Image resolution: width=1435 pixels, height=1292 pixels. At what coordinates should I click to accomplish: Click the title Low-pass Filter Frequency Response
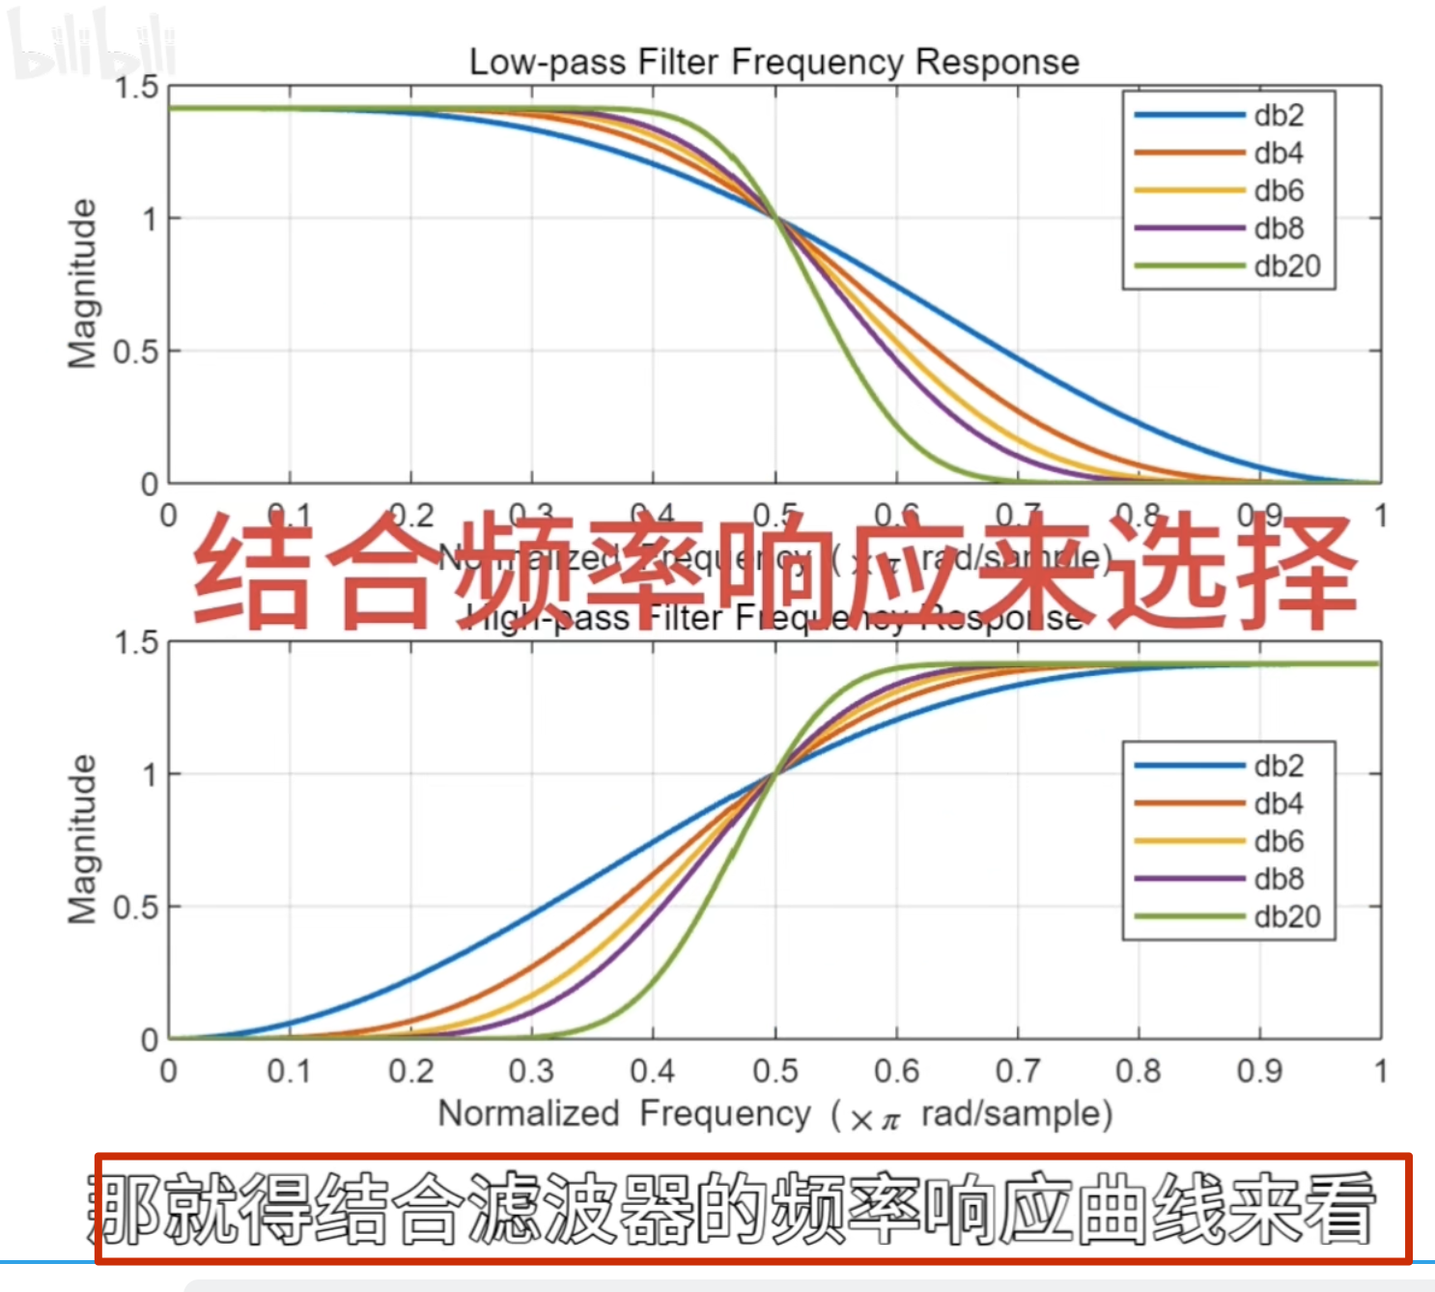pyautogui.click(x=774, y=62)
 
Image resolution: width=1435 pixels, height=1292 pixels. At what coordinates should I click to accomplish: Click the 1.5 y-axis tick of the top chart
pyautogui.click(x=136, y=88)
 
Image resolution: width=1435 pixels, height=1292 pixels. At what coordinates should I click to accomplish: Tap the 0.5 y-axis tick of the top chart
pyautogui.click(x=135, y=351)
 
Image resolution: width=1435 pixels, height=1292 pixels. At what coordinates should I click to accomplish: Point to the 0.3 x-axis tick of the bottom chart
pyautogui.click(x=531, y=1071)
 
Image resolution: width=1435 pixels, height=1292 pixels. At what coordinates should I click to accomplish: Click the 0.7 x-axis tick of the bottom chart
pyautogui.click(x=1017, y=1071)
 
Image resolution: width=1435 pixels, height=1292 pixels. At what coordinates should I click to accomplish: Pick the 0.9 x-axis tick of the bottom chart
pyautogui.click(x=1259, y=1071)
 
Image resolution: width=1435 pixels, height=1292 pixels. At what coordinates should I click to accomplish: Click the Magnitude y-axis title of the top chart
pyautogui.click(x=83, y=284)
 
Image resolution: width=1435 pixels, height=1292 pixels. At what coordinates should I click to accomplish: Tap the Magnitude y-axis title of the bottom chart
pyautogui.click(x=83, y=839)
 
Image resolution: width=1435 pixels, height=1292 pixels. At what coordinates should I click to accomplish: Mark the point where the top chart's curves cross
pyautogui.click(x=775, y=219)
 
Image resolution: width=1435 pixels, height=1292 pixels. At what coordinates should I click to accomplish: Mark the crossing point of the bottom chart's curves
pyautogui.click(x=774, y=773)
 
